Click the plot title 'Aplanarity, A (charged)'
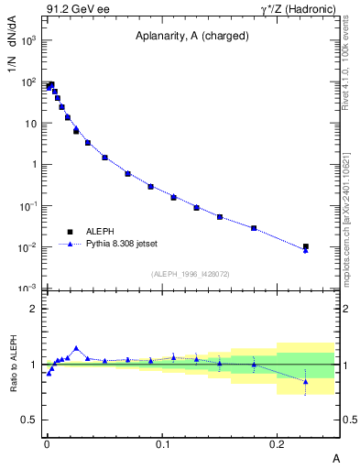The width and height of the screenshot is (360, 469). click(x=190, y=38)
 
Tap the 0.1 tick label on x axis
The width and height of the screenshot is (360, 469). click(x=162, y=443)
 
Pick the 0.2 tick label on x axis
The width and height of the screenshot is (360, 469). click(x=278, y=443)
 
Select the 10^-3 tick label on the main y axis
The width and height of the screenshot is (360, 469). click(x=27, y=289)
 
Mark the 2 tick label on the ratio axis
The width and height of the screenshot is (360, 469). click(x=32, y=309)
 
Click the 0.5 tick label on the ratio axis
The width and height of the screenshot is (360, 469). click(x=29, y=420)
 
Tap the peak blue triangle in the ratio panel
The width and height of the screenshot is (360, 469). click(x=76, y=348)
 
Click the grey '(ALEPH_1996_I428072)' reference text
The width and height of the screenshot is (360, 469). click(x=190, y=274)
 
